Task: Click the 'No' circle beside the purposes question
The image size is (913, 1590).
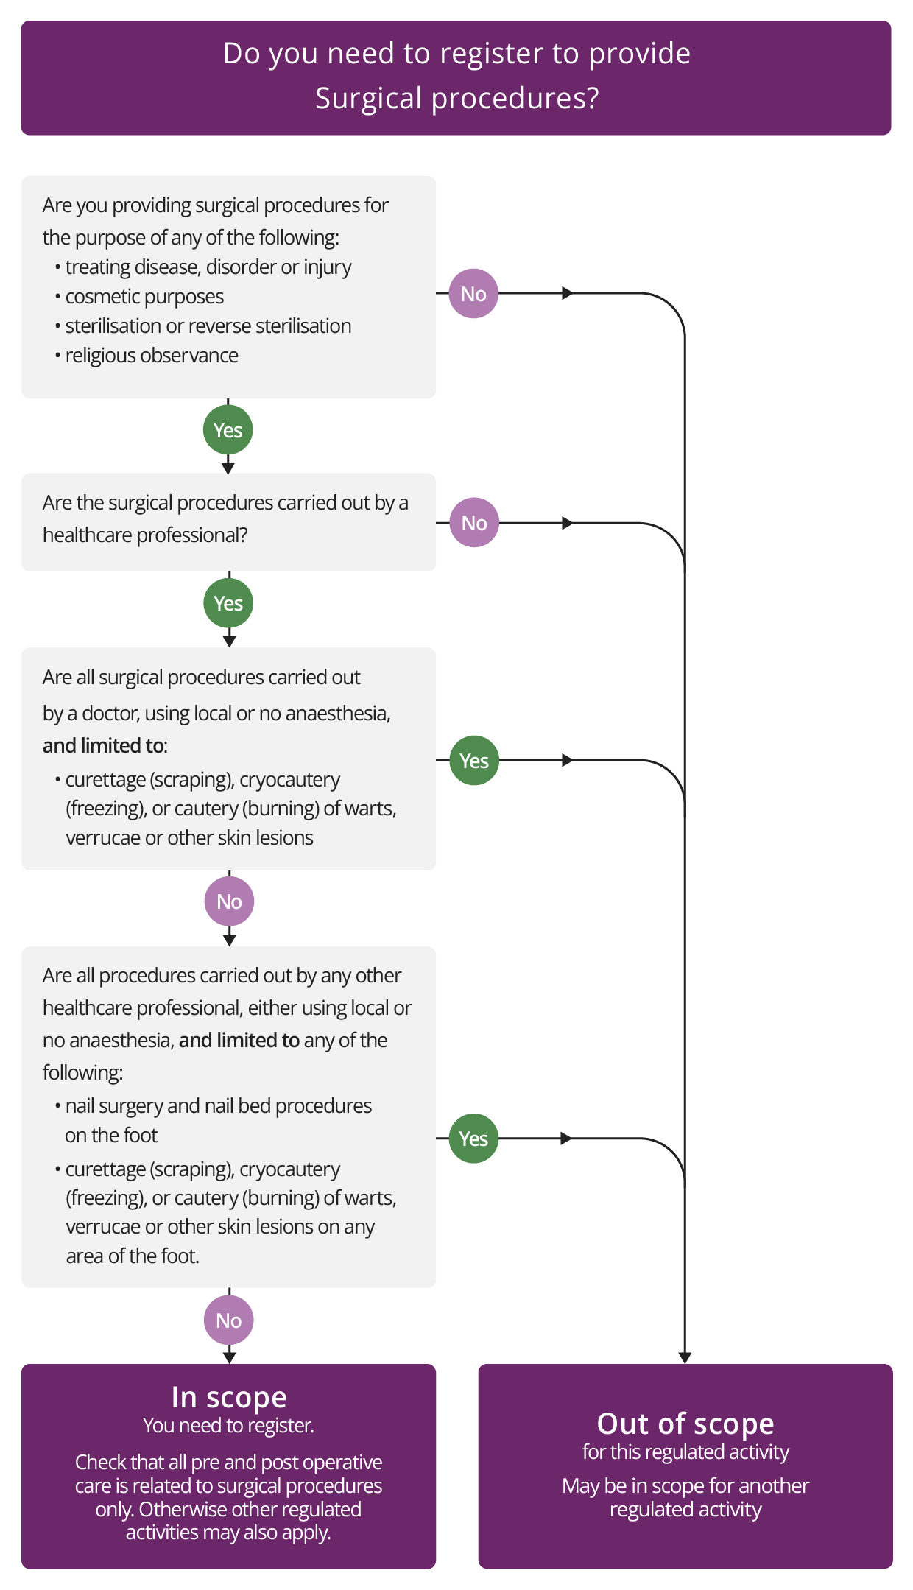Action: pos(473,294)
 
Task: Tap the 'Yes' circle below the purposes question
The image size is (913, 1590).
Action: pos(228,430)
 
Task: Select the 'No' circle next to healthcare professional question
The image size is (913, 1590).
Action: pos(474,523)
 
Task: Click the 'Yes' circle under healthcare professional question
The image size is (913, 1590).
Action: pos(228,603)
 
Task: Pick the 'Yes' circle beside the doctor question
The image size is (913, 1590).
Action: pos(474,761)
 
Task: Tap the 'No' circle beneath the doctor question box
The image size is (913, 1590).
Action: pos(229,901)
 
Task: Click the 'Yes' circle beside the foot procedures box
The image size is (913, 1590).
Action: pos(473,1139)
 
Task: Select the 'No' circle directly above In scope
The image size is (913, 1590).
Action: pos(228,1320)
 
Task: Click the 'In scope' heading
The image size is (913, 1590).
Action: pos(229,1397)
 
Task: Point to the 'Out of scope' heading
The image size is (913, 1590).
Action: pos(685,1424)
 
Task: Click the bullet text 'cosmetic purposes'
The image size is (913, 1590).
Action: pos(144,297)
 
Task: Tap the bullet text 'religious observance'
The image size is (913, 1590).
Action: pos(152,356)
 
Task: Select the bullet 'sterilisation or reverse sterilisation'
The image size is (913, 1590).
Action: pos(208,326)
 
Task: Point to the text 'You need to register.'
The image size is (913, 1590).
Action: pos(229,1426)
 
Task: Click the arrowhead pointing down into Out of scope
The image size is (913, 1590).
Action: pos(685,1357)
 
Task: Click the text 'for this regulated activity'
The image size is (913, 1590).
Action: pos(685,1452)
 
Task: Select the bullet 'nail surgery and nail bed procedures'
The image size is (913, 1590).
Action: pos(218,1106)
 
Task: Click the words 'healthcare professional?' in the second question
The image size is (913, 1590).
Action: pos(145,535)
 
